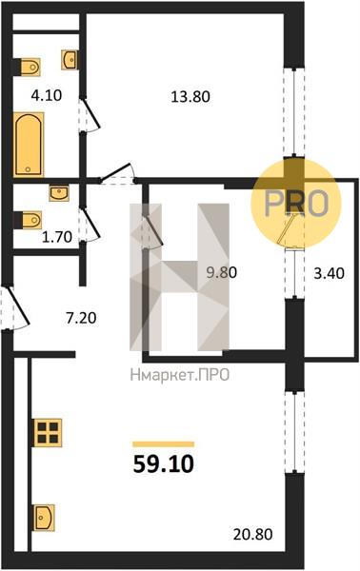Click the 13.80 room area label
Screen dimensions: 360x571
pos(190,97)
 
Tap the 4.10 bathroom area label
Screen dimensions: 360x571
pos(47,95)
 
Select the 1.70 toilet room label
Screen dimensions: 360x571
pos(57,237)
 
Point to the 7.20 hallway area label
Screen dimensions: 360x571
pos(81,318)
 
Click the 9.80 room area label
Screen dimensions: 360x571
pos(222,272)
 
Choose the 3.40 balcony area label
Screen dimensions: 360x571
pos(329,273)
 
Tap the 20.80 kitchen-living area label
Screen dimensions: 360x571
pos(253,535)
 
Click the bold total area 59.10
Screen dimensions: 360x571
pos(163,464)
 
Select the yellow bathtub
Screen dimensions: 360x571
pos(29,145)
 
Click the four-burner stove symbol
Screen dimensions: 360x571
pos(48,433)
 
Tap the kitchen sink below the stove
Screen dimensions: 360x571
pos(44,518)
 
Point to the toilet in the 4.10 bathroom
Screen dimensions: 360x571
pos(27,67)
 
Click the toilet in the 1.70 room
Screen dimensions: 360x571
pos(28,220)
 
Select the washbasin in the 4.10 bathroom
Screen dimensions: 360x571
pos(70,60)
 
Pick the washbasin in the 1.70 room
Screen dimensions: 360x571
pos(59,193)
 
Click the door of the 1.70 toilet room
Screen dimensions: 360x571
pos(90,225)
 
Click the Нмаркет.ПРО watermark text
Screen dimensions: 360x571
pos(180,374)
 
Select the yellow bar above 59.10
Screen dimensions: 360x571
pos(163,443)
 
